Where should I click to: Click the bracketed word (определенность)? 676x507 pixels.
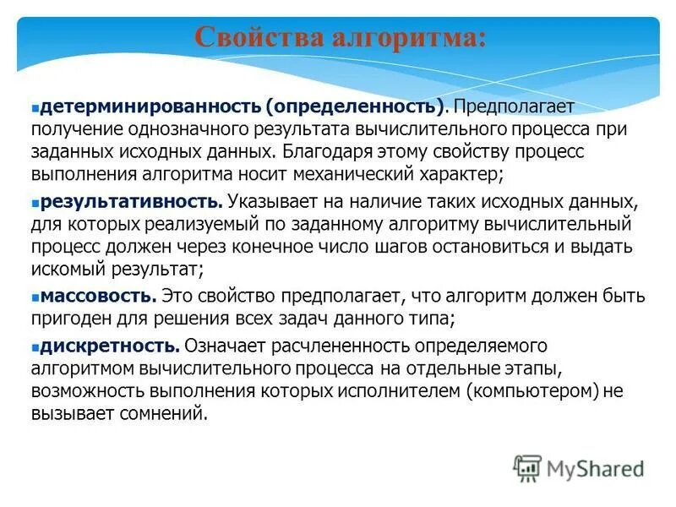(x=355, y=108)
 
